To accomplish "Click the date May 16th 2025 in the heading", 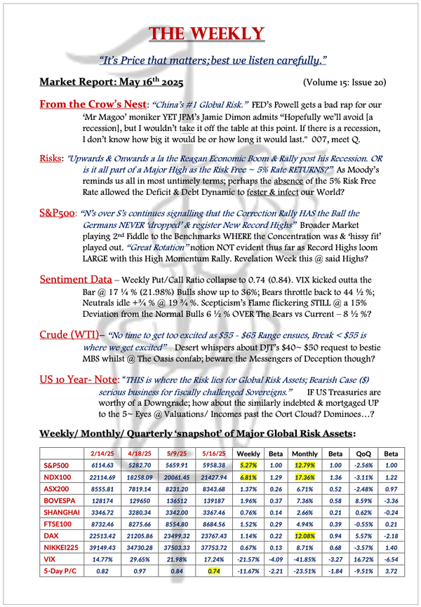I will [145, 81].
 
